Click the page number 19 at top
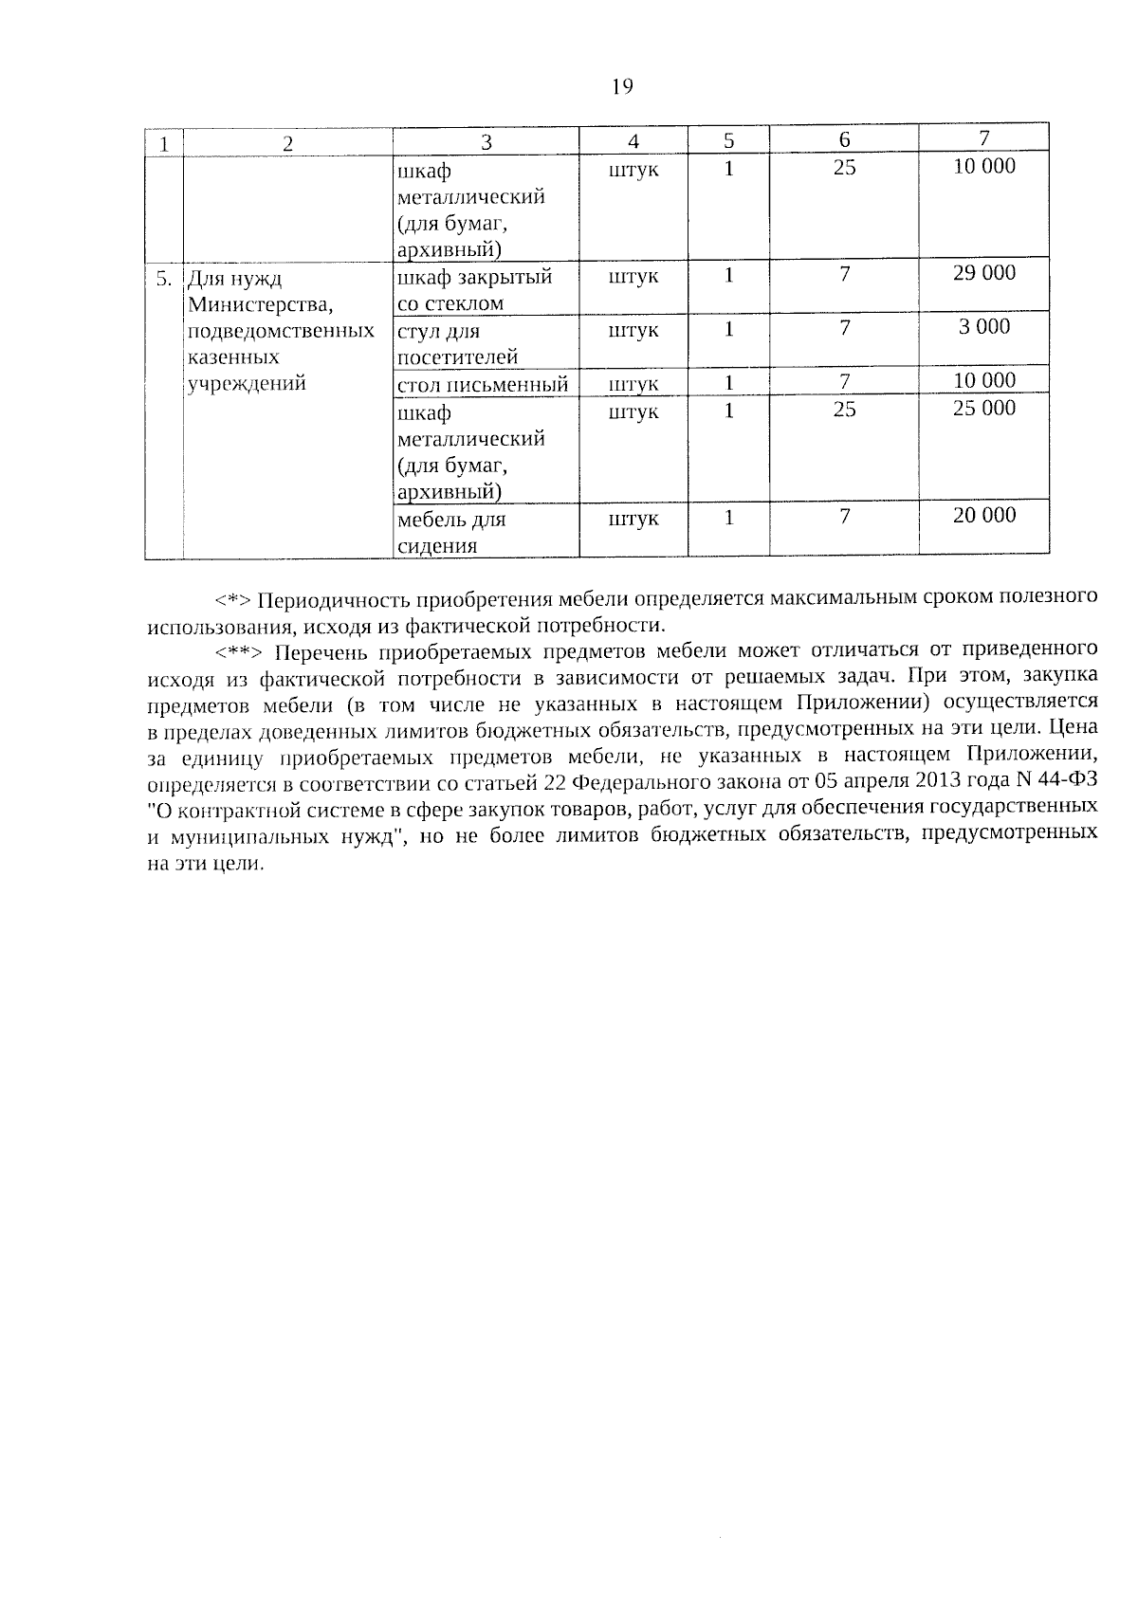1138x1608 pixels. [x=622, y=87]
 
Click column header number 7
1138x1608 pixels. [x=984, y=138]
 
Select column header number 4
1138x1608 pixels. [x=633, y=141]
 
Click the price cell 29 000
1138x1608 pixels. [x=984, y=273]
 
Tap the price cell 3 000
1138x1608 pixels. [x=984, y=327]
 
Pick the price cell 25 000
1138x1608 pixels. [x=984, y=409]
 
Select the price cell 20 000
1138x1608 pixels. [x=984, y=516]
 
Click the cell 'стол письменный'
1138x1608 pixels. [x=483, y=384]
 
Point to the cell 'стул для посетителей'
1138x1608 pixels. [x=457, y=344]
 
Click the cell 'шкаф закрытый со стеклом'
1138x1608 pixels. [x=474, y=290]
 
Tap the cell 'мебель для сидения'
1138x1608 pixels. [x=451, y=533]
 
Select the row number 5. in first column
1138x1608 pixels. [x=164, y=279]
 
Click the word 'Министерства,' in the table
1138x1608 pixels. [x=248, y=305]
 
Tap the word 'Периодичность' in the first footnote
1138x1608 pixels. [x=331, y=600]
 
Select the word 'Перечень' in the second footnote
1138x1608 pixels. [x=321, y=652]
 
